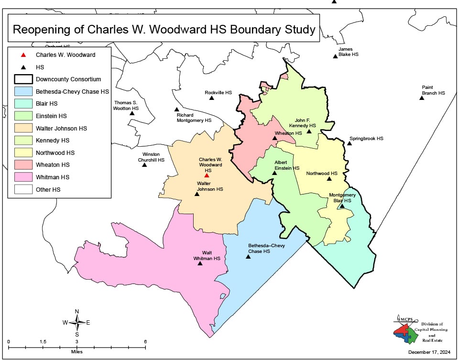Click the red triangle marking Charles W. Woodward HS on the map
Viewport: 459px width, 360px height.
pos(207,175)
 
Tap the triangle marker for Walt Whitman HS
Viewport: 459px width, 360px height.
pos(200,263)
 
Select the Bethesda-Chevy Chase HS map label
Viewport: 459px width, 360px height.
pos(266,249)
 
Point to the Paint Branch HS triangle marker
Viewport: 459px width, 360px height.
pos(422,98)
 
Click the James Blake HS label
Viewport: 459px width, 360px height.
pos(348,52)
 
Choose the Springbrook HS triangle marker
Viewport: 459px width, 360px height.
pos(350,143)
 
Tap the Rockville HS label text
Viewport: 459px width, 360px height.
pos(218,92)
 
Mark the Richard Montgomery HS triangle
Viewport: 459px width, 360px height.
pos(176,109)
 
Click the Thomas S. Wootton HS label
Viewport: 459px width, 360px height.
pos(126,106)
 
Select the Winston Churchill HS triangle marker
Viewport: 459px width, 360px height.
pos(144,165)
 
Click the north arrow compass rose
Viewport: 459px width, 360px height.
pos(77,323)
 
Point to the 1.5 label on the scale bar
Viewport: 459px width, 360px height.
pos(43,341)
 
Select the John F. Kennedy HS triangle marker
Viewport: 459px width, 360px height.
pos(309,131)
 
